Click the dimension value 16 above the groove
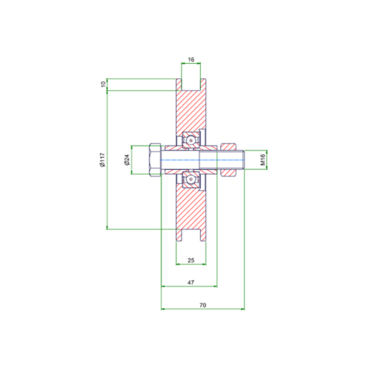pyautogui.click(x=191, y=60)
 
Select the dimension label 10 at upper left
pyautogui.click(x=103, y=84)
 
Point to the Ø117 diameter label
pyautogui.click(x=103, y=159)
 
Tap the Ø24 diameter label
pyautogui.click(x=127, y=159)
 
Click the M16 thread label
pyautogui.click(x=264, y=159)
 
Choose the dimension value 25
pyautogui.click(x=191, y=261)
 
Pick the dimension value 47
pyautogui.click(x=191, y=283)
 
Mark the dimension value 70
pyautogui.click(x=203, y=305)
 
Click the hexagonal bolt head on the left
pyautogui.click(x=155, y=159)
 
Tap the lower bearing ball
pyautogui.click(x=191, y=179)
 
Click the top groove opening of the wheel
pyautogui.click(x=191, y=84)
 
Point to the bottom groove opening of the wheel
pyautogui.click(x=191, y=235)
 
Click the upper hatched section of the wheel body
pyautogui.click(x=191, y=110)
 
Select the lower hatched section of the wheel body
pyautogui.click(x=191, y=210)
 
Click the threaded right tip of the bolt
pyautogui.click(x=242, y=159)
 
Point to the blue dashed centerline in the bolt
pyautogui.click(x=199, y=159)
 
